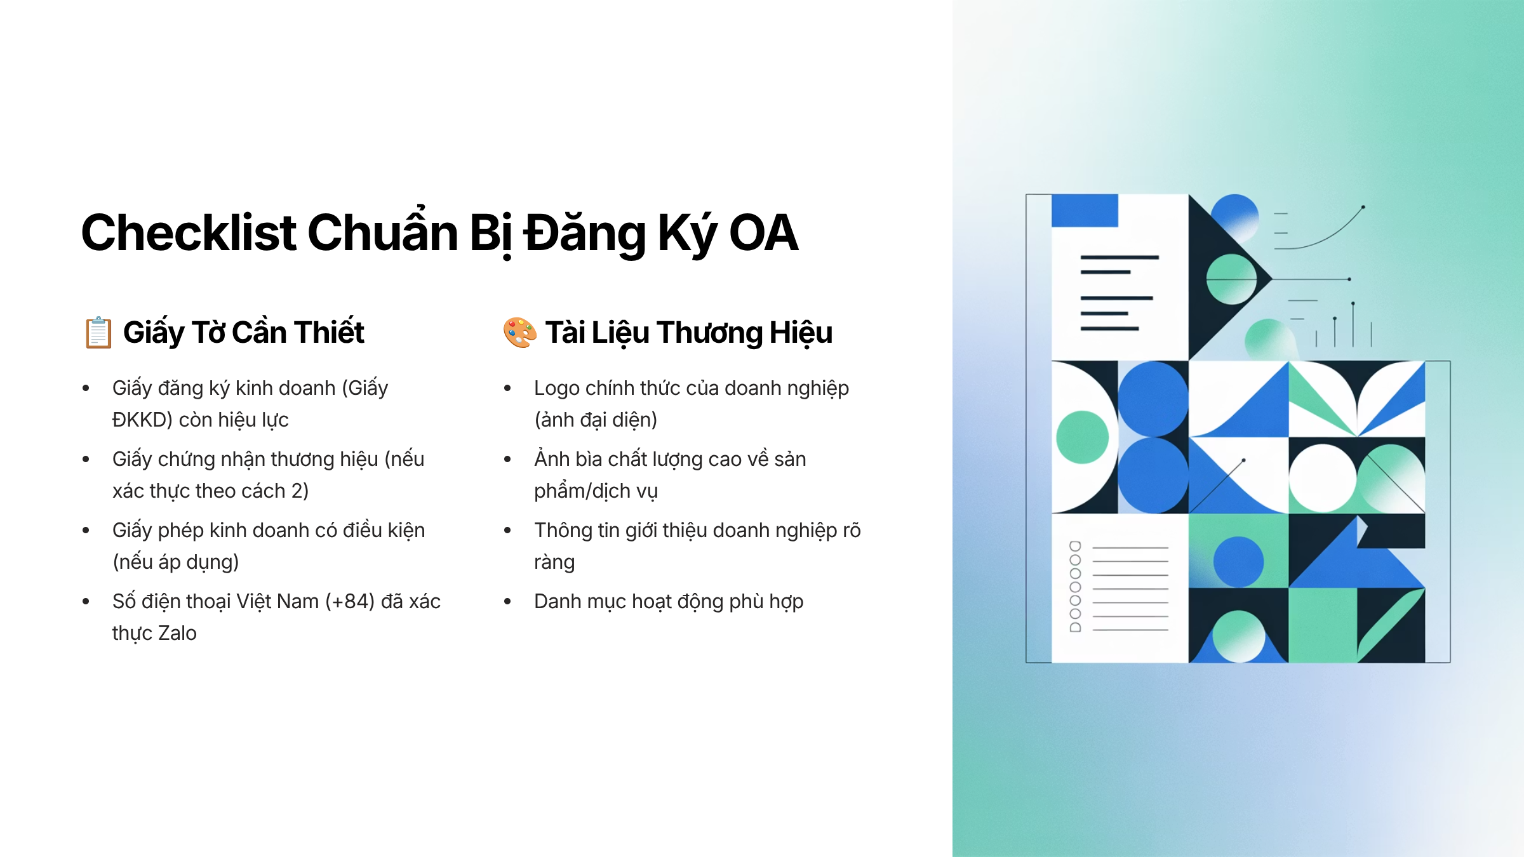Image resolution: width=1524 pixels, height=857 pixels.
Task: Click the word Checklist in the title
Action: coord(189,232)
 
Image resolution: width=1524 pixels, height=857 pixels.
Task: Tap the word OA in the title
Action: coord(763,232)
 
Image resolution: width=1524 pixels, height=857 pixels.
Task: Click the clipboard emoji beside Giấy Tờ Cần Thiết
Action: coord(98,332)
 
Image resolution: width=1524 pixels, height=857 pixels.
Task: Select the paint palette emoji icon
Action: coord(519,332)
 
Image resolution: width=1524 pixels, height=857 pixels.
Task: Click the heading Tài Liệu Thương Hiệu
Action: coord(689,332)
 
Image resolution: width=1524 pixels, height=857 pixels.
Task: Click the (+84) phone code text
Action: coord(350,601)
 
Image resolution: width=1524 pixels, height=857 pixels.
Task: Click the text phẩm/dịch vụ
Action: coord(596,491)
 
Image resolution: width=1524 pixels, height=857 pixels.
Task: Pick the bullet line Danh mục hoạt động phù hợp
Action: coord(669,601)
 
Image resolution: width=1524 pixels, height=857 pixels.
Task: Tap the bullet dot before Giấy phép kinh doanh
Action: coord(86,530)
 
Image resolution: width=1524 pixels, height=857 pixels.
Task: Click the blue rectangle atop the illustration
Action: coord(1085,210)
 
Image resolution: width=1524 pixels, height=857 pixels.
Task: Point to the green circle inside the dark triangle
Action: coord(1231,279)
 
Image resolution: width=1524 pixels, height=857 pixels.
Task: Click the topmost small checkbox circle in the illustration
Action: coord(1075,546)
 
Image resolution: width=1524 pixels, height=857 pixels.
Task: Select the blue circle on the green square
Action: coord(1238,562)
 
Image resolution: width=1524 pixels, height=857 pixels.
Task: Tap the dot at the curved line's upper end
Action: coord(1363,207)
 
